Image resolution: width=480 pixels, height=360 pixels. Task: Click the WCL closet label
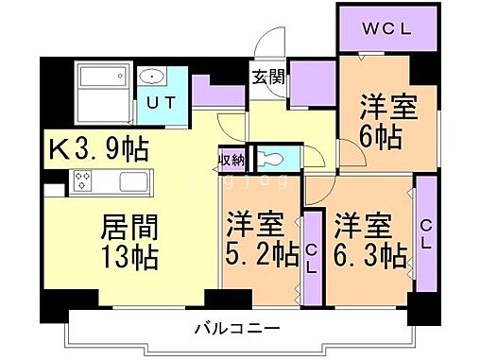(x=386, y=30)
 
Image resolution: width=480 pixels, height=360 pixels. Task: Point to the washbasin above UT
(x=151, y=77)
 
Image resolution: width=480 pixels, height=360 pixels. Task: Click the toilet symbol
(x=268, y=159)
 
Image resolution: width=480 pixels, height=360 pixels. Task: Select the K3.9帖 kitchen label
(x=99, y=149)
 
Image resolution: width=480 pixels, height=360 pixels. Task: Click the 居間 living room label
(x=129, y=228)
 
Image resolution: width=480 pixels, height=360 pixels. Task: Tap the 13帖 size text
(x=129, y=256)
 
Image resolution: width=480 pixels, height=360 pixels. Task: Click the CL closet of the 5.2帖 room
(x=311, y=255)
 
